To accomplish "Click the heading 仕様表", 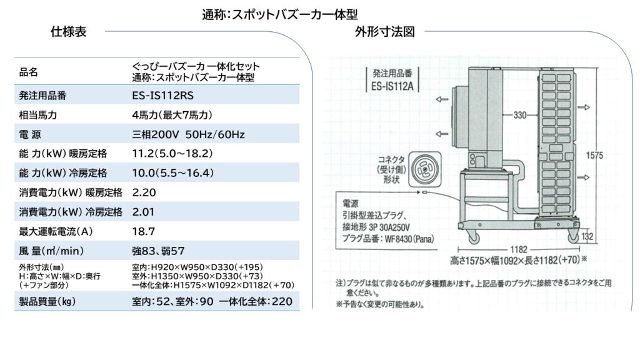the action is tap(69, 31).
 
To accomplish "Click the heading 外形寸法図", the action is tap(384, 31).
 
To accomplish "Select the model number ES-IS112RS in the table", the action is tap(163, 96).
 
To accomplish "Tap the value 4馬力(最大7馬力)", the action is tap(172, 115).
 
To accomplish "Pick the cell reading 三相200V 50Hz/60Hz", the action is tap(188, 134).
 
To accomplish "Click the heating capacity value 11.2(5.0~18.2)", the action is tap(172, 154).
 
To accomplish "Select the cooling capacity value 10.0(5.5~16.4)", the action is tap(172, 173).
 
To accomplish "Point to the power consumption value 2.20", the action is tap(144, 192).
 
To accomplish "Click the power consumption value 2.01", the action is tap(143, 212).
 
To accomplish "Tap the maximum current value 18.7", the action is tap(143, 231).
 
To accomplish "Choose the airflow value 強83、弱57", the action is tap(158, 251).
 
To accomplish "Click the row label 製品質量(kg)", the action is tap(47, 302).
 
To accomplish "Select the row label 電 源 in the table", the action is tap(30, 134).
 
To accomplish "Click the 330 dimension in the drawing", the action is tap(519, 115).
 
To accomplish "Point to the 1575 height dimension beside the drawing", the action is tap(594, 156).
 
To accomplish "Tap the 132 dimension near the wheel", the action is tap(587, 236).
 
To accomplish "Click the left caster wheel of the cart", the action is tap(474, 237).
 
